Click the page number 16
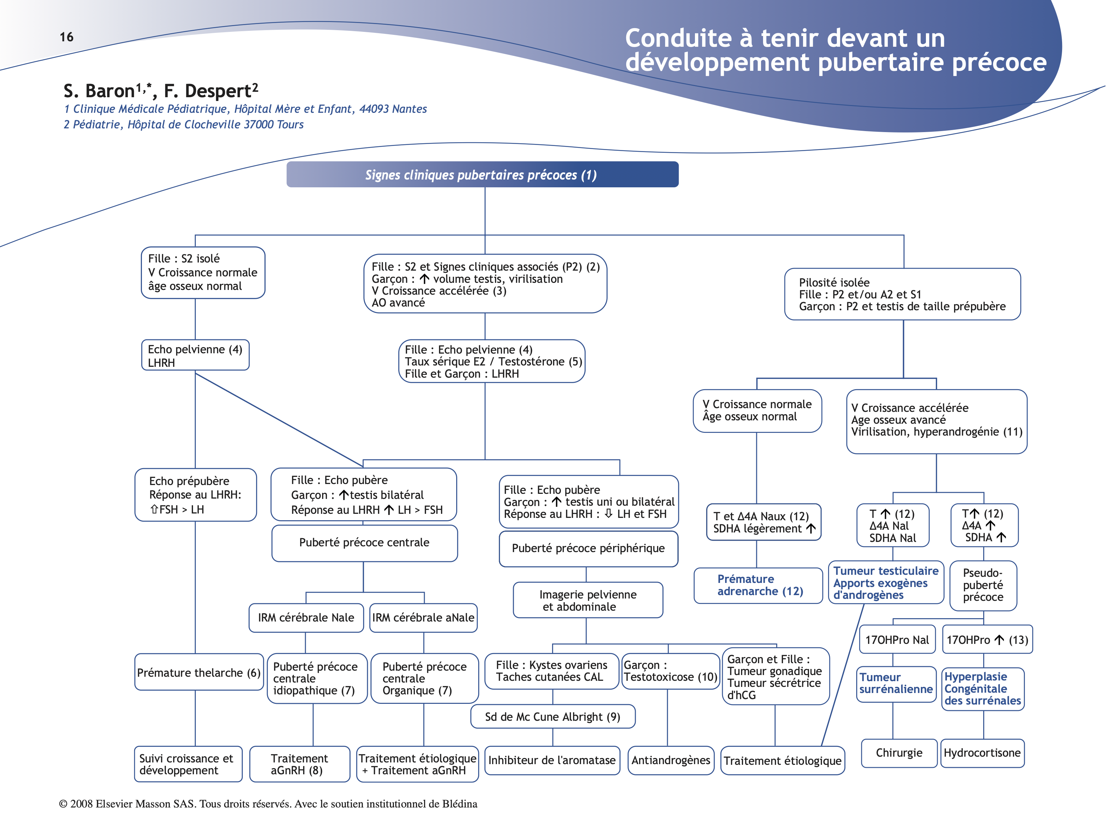66,37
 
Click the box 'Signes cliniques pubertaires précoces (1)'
482,175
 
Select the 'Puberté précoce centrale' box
364,543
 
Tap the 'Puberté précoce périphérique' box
588,548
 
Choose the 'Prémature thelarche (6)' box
198,672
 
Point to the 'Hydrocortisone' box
982,753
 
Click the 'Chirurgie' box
899,753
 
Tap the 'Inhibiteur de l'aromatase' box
552,760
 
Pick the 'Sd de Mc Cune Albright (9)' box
552,716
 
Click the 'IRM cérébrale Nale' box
306,618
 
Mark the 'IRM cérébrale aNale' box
423,618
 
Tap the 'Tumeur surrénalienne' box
896,684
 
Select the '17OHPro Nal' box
897,640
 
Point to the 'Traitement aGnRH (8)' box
299,764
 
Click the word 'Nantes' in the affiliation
409,109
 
